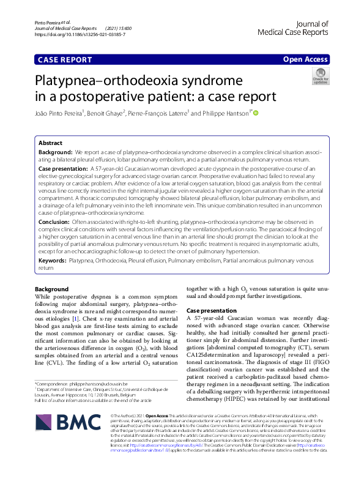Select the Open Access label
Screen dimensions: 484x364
[305, 60]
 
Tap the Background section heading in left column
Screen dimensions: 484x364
[52, 289]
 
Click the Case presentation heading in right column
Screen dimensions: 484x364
[210, 311]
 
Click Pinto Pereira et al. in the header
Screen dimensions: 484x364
[50, 22]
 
